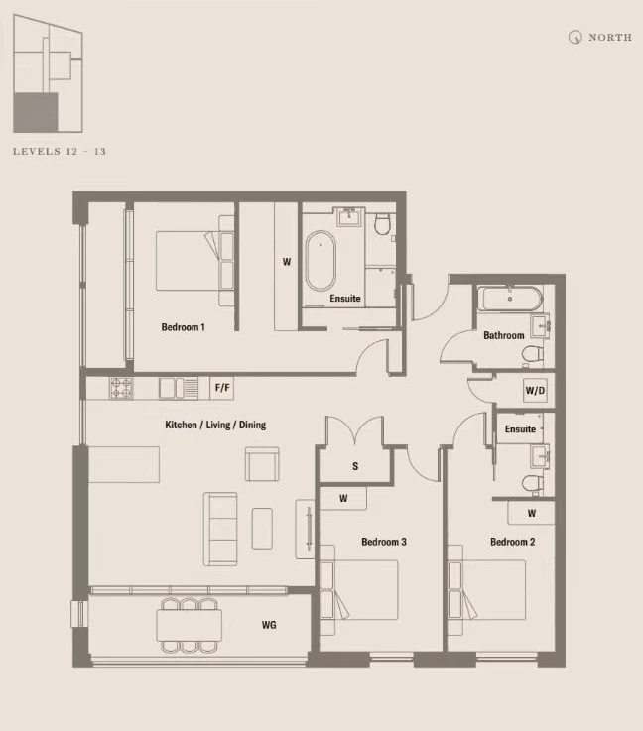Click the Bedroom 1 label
pyautogui.click(x=183, y=327)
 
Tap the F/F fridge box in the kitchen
pyautogui.click(x=222, y=388)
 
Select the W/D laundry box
pyautogui.click(x=535, y=390)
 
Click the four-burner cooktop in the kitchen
pyautogui.click(x=121, y=389)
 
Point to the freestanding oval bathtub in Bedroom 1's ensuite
pyautogui.click(x=320, y=261)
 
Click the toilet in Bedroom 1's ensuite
pyautogui.click(x=382, y=224)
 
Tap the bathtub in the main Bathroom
pyautogui.click(x=510, y=299)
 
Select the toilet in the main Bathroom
pyautogui.click(x=533, y=354)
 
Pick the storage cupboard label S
pyautogui.click(x=355, y=466)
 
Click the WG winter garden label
pyautogui.click(x=269, y=625)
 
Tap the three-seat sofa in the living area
pyautogui.click(x=220, y=529)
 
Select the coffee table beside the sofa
pyautogui.click(x=263, y=529)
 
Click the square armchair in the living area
pyautogui.click(x=262, y=464)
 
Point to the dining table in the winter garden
pyautogui.click(x=190, y=625)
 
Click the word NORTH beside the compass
pyautogui.click(x=610, y=38)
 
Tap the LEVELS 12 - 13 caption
pyautogui.click(x=60, y=151)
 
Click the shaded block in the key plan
pyautogui.click(x=36, y=112)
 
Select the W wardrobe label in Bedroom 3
pyautogui.click(x=343, y=498)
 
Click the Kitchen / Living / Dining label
pyautogui.click(x=215, y=425)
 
